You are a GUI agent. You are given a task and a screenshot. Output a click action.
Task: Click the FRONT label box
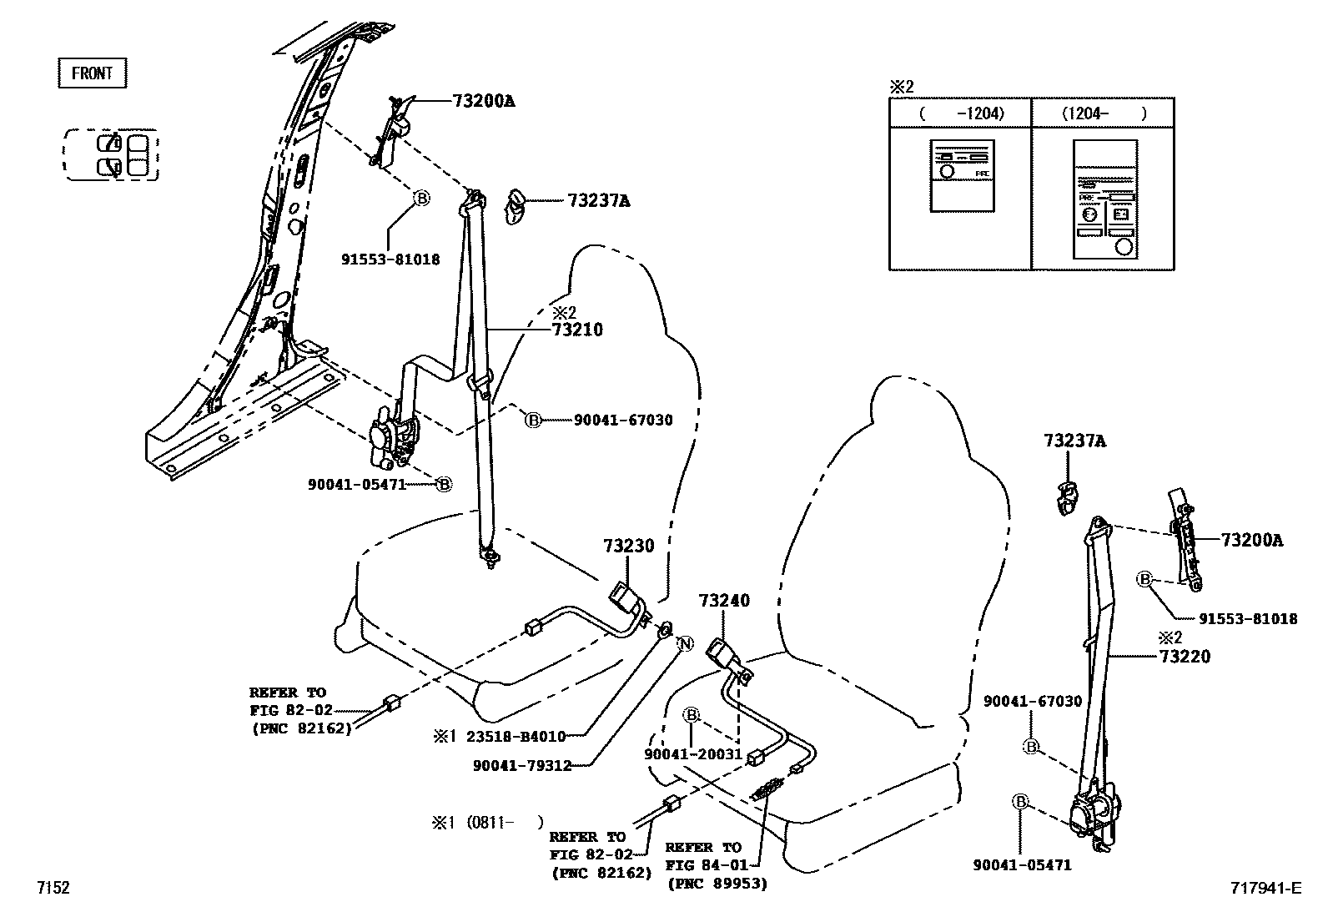pyautogui.click(x=92, y=73)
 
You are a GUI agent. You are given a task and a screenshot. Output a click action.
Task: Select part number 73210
pyautogui.click(x=576, y=330)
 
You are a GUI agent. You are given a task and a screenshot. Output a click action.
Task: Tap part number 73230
pyautogui.click(x=629, y=546)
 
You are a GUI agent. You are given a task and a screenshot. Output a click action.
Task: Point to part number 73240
pyautogui.click(x=724, y=600)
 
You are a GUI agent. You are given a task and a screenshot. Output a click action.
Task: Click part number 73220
pyautogui.click(x=1185, y=657)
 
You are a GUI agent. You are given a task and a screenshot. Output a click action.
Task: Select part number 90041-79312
pyautogui.click(x=521, y=765)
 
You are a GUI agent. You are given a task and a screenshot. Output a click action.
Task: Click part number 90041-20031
pyautogui.click(x=692, y=753)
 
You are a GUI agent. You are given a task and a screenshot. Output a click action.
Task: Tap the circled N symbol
pyautogui.click(x=684, y=643)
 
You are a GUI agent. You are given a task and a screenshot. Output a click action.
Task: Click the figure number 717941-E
pyautogui.click(x=1264, y=889)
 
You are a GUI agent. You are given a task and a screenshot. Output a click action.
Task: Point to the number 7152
pyautogui.click(x=52, y=889)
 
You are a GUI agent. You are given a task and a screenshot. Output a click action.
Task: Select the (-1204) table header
pyautogui.click(x=961, y=113)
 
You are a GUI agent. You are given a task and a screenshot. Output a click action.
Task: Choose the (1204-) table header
pyautogui.click(x=1103, y=113)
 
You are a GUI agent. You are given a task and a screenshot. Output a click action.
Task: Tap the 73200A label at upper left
pyautogui.click(x=483, y=102)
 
